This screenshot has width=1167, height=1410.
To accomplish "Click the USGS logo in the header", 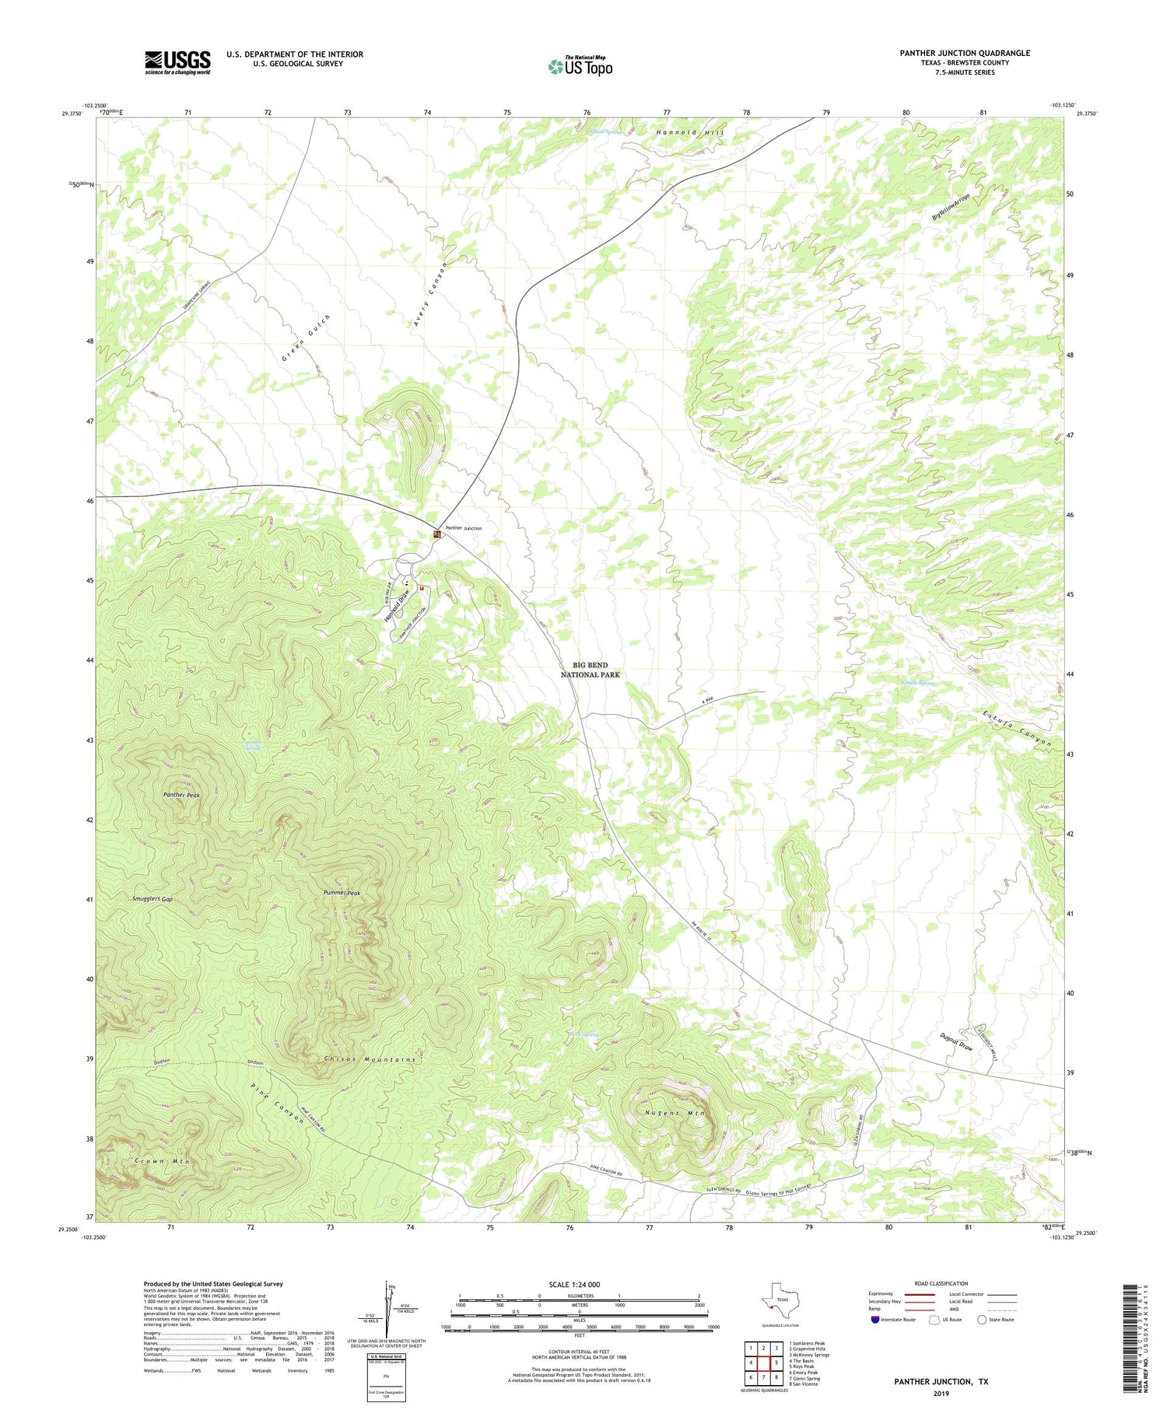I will (x=177, y=62).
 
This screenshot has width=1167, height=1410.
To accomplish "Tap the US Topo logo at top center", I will (x=580, y=66).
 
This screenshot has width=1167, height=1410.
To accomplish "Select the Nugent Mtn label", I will (x=675, y=1113).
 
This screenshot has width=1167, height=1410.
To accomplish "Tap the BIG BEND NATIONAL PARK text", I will (x=591, y=670).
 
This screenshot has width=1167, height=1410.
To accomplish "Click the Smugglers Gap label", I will (x=152, y=898).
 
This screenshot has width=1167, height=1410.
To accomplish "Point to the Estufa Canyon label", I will (x=1016, y=729).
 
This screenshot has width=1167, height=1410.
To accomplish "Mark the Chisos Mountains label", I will (x=370, y=1059).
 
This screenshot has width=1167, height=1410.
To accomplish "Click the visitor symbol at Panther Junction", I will (x=438, y=535).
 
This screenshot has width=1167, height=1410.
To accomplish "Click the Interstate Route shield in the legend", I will (x=875, y=1320).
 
